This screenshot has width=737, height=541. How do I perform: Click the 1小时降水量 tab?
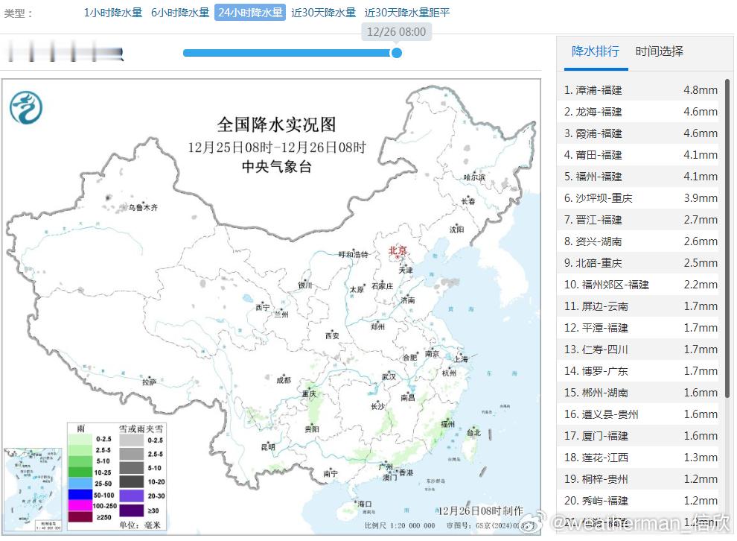coord(112,13)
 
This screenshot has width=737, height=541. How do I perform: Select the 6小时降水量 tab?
coord(180,13)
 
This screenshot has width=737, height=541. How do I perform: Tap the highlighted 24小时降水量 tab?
coord(250,13)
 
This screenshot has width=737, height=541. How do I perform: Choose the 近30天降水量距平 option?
coord(407,13)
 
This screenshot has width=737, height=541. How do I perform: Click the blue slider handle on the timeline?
coord(397,53)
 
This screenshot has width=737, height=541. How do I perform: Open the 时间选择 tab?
coord(659,51)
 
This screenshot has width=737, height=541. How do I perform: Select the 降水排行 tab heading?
coord(595,51)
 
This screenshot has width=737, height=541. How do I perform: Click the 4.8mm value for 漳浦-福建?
coord(700,90)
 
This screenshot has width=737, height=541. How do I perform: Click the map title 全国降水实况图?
coord(276,124)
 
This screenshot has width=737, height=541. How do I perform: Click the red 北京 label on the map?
coord(399,251)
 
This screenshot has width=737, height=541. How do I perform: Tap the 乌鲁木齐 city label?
coord(142,208)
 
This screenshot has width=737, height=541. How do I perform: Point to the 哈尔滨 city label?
coord(473,177)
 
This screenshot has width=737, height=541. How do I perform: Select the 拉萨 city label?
coord(150,382)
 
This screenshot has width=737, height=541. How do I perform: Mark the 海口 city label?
coord(363,504)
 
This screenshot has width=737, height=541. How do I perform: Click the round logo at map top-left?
coord(26,107)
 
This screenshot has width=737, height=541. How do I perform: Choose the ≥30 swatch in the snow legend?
coord(132,510)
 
